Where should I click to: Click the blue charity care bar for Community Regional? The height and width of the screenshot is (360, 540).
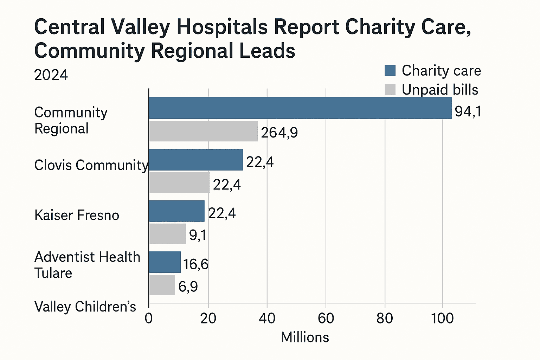(300, 108)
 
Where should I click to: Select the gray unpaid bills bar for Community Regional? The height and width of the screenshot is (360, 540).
(203, 131)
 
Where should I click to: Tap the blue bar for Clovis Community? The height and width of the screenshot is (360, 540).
(196, 160)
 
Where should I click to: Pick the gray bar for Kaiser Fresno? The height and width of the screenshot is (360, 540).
(167, 234)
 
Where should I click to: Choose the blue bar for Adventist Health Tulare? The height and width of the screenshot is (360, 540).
(165, 262)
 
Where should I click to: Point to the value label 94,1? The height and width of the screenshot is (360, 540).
(468, 111)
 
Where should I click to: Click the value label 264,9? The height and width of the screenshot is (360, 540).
(279, 133)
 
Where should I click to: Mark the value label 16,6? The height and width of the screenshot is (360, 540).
(196, 264)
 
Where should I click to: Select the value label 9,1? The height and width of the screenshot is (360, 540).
(198, 235)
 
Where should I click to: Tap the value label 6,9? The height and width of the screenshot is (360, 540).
(188, 287)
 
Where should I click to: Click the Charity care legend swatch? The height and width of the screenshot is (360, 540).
(390, 70)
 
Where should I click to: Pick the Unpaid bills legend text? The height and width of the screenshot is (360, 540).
(440, 90)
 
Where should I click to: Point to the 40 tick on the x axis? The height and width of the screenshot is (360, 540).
(267, 318)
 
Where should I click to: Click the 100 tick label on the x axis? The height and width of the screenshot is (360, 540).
(442, 318)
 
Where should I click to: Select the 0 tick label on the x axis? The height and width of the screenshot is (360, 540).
(149, 318)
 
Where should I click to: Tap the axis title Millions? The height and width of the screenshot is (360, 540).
(305, 337)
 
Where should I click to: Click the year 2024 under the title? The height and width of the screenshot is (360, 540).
(51, 75)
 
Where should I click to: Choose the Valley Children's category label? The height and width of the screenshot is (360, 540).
(85, 307)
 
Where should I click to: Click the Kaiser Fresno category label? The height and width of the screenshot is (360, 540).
(77, 215)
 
